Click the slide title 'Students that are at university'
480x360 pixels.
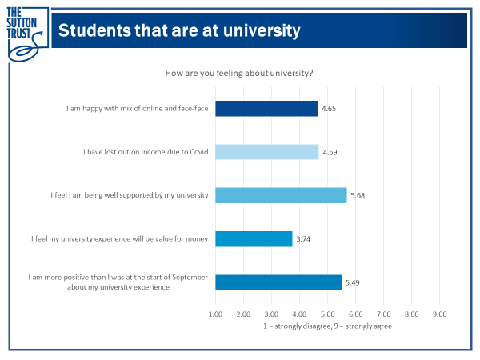click(x=179, y=31)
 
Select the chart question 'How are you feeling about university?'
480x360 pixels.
click(x=239, y=73)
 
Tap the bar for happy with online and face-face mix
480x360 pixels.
click(x=266, y=108)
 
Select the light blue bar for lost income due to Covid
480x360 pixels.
click(x=267, y=152)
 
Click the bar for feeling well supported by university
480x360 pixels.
click(x=281, y=195)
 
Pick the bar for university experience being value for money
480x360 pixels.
click(x=254, y=238)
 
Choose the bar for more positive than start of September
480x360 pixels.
click(x=278, y=282)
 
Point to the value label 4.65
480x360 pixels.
click(x=329, y=108)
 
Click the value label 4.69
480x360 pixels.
click(x=330, y=152)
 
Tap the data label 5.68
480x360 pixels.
click(x=358, y=195)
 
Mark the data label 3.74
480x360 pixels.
click(x=304, y=238)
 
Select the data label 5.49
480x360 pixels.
click(x=353, y=282)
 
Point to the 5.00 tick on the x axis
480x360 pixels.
click(x=327, y=314)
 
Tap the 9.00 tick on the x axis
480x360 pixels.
click(x=439, y=314)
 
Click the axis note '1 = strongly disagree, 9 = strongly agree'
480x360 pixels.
click(x=327, y=326)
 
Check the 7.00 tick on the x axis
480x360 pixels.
click(x=383, y=314)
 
